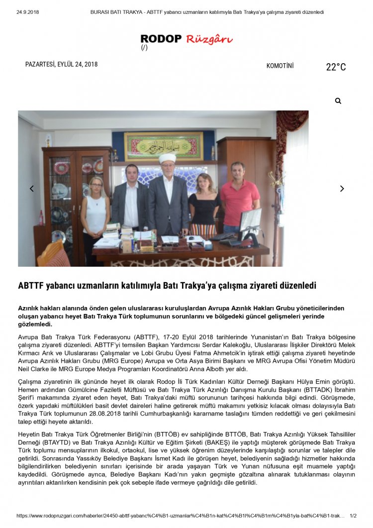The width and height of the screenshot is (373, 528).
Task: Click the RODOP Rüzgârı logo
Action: [x=186, y=39]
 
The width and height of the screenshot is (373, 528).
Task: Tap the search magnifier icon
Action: [x=338, y=101]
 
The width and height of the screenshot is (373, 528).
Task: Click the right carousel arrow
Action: [x=342, y=189]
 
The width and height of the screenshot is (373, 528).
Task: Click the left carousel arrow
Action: [x=32, y=189]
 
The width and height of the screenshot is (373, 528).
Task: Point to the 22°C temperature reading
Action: [x=336, y=67]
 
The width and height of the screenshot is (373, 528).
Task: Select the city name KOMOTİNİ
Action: [x=280, y=66]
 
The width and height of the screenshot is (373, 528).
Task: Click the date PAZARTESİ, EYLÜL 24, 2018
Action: [x=61, y=64]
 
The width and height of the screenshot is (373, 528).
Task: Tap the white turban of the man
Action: [x=168, y=158]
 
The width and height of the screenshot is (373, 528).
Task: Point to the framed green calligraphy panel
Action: [x=164, y=146]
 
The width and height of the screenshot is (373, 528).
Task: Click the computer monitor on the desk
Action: [x=250, y=220]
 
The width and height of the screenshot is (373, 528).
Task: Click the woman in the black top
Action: [x=204, y=204]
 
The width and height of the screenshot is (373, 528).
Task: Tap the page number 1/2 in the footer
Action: [x=353, y=516]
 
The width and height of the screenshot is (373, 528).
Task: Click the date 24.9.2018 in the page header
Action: [x=27, y=12]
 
